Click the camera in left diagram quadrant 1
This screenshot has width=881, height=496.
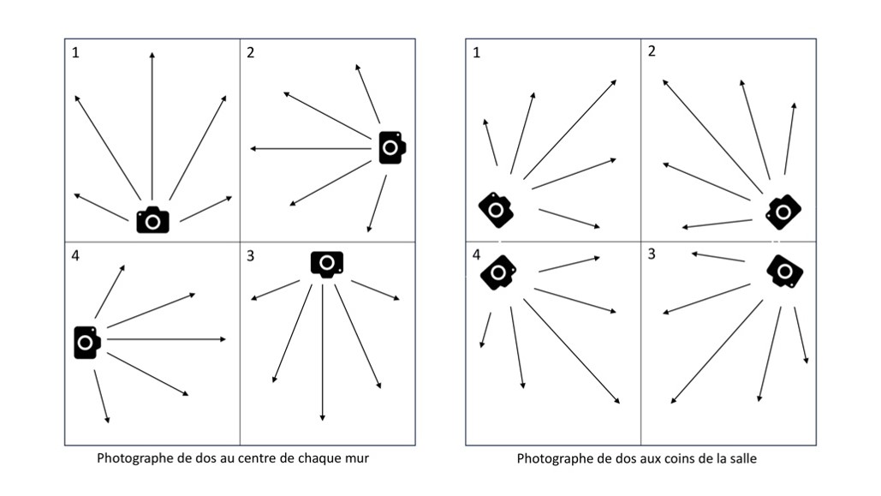[x=152, y=220]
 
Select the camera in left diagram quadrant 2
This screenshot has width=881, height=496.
[x=392, y=148]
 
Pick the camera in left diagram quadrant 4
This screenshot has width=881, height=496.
[x=87, y=342]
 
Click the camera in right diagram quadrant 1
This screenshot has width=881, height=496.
[x=496, y=210]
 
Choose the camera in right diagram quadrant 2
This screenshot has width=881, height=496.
[x=783, y=212]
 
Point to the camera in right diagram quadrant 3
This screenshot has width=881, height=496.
[x=785, y=272]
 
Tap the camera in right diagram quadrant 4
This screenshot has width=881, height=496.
[x=498, y=272]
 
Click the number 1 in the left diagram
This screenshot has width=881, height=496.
[x=76, y=53]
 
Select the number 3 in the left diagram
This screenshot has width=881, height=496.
[x=251, y=256]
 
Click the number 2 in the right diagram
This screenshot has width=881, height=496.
[x=652, y=51]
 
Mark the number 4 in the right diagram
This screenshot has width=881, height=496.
[x=476, y=254]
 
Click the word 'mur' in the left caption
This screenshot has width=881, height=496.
[x=357, y=458]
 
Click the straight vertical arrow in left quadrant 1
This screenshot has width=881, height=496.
[x=152, y=126]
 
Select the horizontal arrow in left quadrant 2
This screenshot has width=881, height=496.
[x=311, y=148]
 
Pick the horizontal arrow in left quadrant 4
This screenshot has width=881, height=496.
[x=166, y=339]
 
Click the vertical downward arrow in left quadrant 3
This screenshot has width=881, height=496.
[x=323, y=353]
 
